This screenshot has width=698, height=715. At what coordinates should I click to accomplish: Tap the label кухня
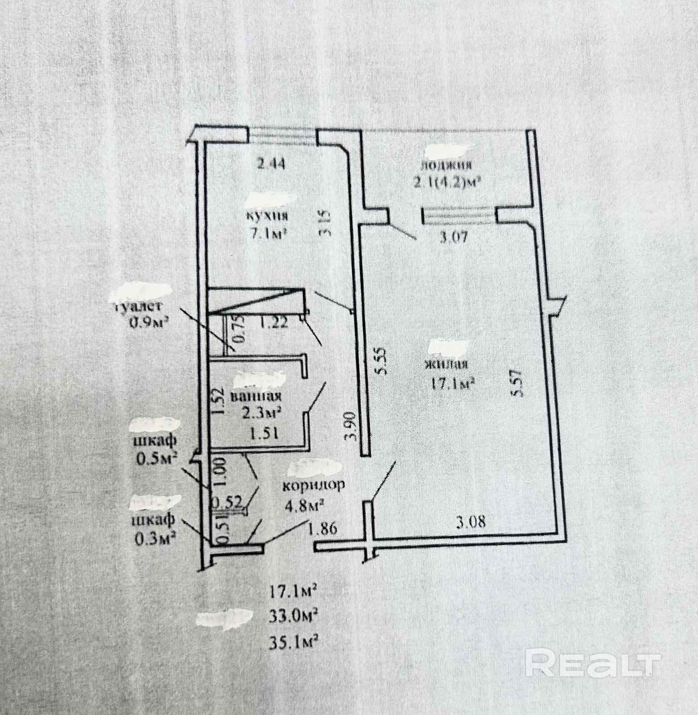click(267, 215)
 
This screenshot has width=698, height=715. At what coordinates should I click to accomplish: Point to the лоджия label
click(446, 165)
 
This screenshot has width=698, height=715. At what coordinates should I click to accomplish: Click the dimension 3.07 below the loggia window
click(453, 237)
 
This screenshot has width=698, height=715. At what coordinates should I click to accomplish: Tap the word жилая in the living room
click(446, 364)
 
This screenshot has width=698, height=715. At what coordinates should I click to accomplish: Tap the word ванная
click(255, 397)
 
